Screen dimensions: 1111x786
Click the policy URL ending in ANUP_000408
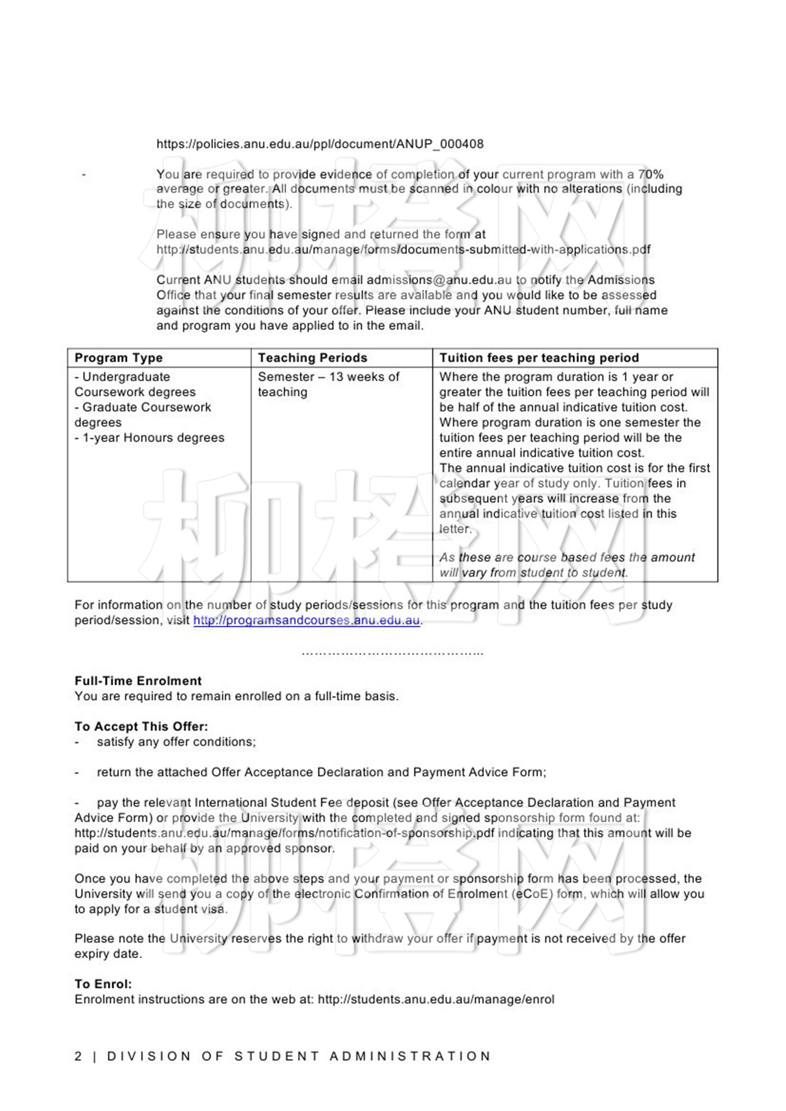click(319, 144)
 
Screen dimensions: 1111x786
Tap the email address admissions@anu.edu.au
click(439, 280)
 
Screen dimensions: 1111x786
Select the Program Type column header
click(118, 358)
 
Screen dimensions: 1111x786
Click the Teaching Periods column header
click(312, 358)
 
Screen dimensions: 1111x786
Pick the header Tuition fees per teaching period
click(539, 358)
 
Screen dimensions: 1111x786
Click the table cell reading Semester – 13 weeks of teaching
click(328, 384)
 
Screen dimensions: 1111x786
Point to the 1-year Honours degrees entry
click(149, 438)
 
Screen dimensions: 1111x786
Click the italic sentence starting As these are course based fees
click(566, 565)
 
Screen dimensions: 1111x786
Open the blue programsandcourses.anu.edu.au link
click(307, 620)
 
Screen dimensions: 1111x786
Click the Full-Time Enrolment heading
click(138, 681)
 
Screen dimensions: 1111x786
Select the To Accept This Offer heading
click(141, 726)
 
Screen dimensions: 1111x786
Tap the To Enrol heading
click(103, 984)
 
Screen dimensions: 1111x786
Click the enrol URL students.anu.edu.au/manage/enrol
click(436, 999)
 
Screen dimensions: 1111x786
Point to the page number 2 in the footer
click(78, 1056)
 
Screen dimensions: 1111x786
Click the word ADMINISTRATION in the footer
click(410, 1056)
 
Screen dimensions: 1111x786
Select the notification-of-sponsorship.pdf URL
click(284, 833)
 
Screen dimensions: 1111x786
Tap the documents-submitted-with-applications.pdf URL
click(403, 249)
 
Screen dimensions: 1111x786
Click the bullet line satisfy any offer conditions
click(176, 741)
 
